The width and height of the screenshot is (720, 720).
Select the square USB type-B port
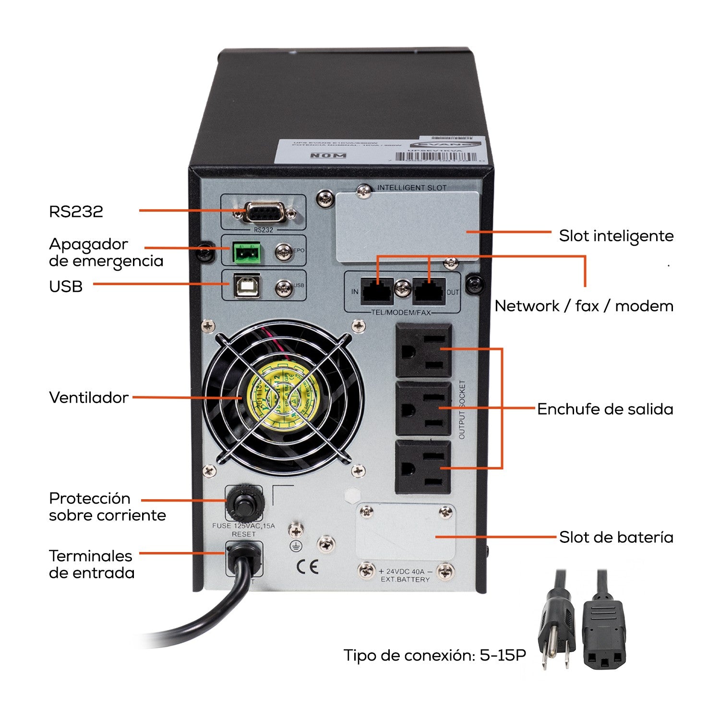247,286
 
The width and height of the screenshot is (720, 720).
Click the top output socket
423,350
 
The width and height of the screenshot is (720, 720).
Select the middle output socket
423,409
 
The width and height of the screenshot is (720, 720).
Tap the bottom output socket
423,468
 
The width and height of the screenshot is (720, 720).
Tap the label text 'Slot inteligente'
616,236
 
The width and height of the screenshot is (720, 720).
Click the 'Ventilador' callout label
89,397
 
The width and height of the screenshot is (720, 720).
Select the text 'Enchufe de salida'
605,409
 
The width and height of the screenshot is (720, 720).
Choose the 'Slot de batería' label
616,537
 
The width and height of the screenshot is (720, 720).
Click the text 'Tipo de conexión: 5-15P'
434,655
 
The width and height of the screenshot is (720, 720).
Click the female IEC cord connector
604,629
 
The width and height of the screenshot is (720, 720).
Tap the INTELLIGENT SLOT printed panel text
411,188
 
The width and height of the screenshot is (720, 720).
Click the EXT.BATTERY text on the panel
405,579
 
